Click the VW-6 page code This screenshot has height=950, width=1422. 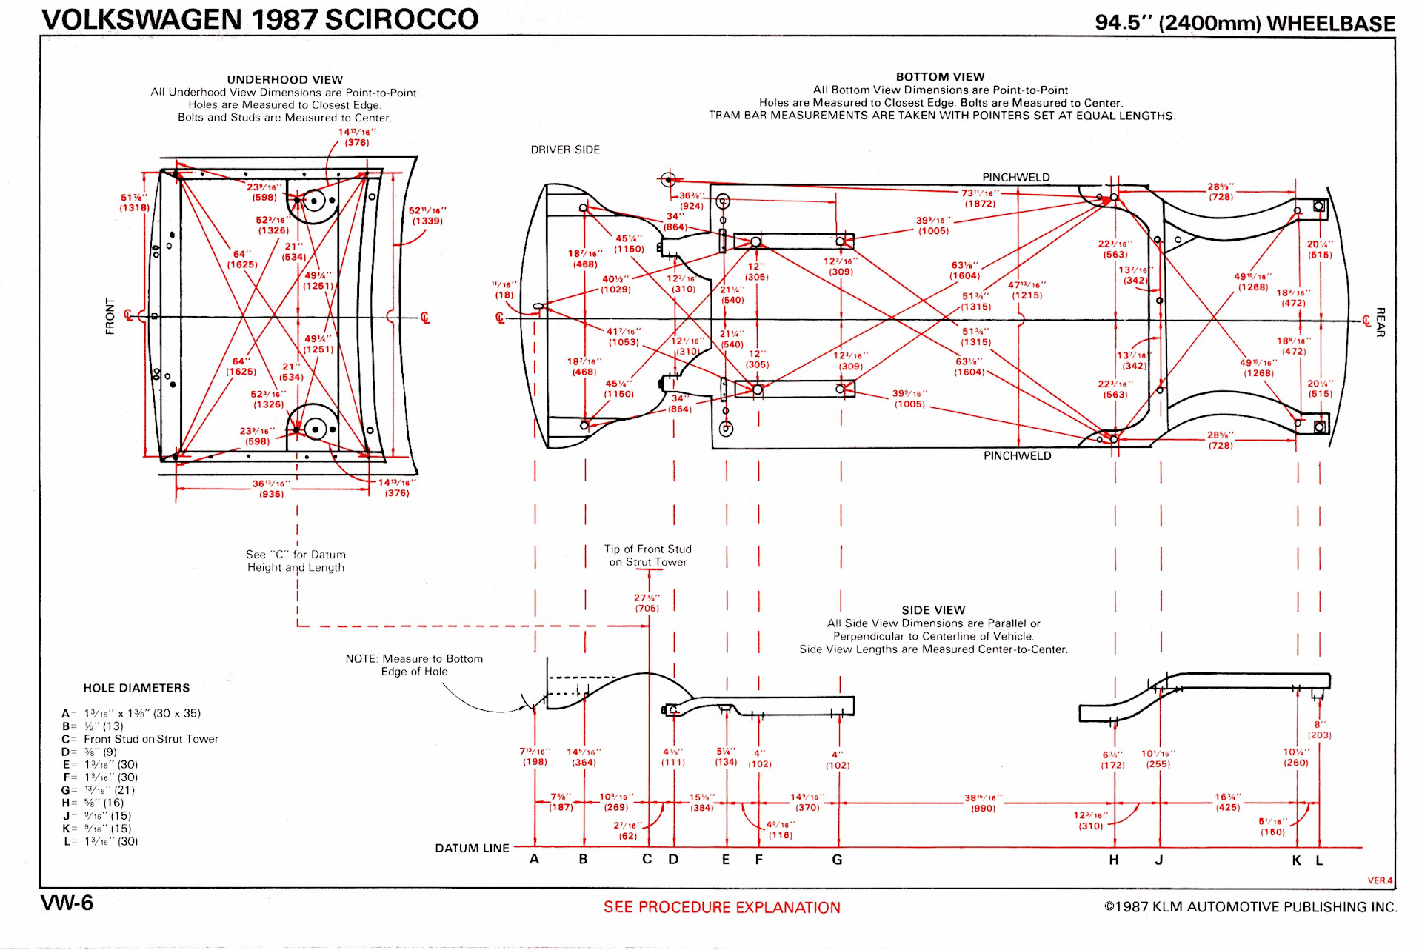[67, 903]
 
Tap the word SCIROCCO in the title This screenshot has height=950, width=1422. [401, 20]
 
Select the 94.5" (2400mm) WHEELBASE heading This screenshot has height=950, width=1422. [1244, 23]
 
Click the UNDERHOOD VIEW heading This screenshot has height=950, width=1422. [284, 80]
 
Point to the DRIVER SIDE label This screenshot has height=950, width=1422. [565, 150]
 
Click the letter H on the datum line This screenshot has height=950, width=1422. [1114, 860]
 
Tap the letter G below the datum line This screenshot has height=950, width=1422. [837, 860]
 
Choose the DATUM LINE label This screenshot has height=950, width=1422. [472, 849]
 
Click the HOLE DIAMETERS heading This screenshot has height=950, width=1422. [136, 688]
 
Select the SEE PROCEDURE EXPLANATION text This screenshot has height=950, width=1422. [721, 908]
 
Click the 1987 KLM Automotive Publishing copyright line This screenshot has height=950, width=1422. [1250, 907]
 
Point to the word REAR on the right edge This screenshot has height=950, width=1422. [1380, 322]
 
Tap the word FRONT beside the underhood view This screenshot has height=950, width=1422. [110, 317]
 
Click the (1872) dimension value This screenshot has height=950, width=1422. [979, 204]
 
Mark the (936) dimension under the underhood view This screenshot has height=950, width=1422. [271, 494]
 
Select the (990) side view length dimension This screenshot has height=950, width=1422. [983, 809]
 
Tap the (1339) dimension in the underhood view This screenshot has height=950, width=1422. [427, 221]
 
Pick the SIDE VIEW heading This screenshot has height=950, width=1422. [933, 610]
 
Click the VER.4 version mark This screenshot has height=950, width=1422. [1380, 880]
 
